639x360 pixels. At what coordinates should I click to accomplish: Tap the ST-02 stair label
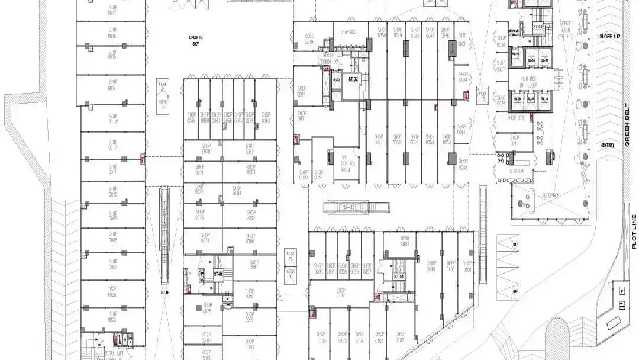[x=353, y=79]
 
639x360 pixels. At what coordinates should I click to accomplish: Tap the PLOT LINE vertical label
[x=633, y=231]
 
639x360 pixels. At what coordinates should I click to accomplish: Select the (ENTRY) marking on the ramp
[x=607, y=145]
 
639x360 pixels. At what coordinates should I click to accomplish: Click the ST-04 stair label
[x=218, y=274]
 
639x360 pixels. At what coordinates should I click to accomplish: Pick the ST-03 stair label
[x=399, y=277]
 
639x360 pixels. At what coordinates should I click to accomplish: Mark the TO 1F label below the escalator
[x=164, y=292]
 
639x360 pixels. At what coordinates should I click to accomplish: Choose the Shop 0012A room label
[x=113, y=119]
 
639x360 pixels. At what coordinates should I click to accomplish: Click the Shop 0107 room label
[x=340, y=292]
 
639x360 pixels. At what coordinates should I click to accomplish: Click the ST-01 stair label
[x=538, y=27]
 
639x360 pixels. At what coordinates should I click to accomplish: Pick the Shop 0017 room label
[x=112, y=10]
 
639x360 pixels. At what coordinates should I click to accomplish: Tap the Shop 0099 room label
[x=431, y=266]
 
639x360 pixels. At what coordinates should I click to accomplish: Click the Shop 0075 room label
[x=206, y=308]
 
